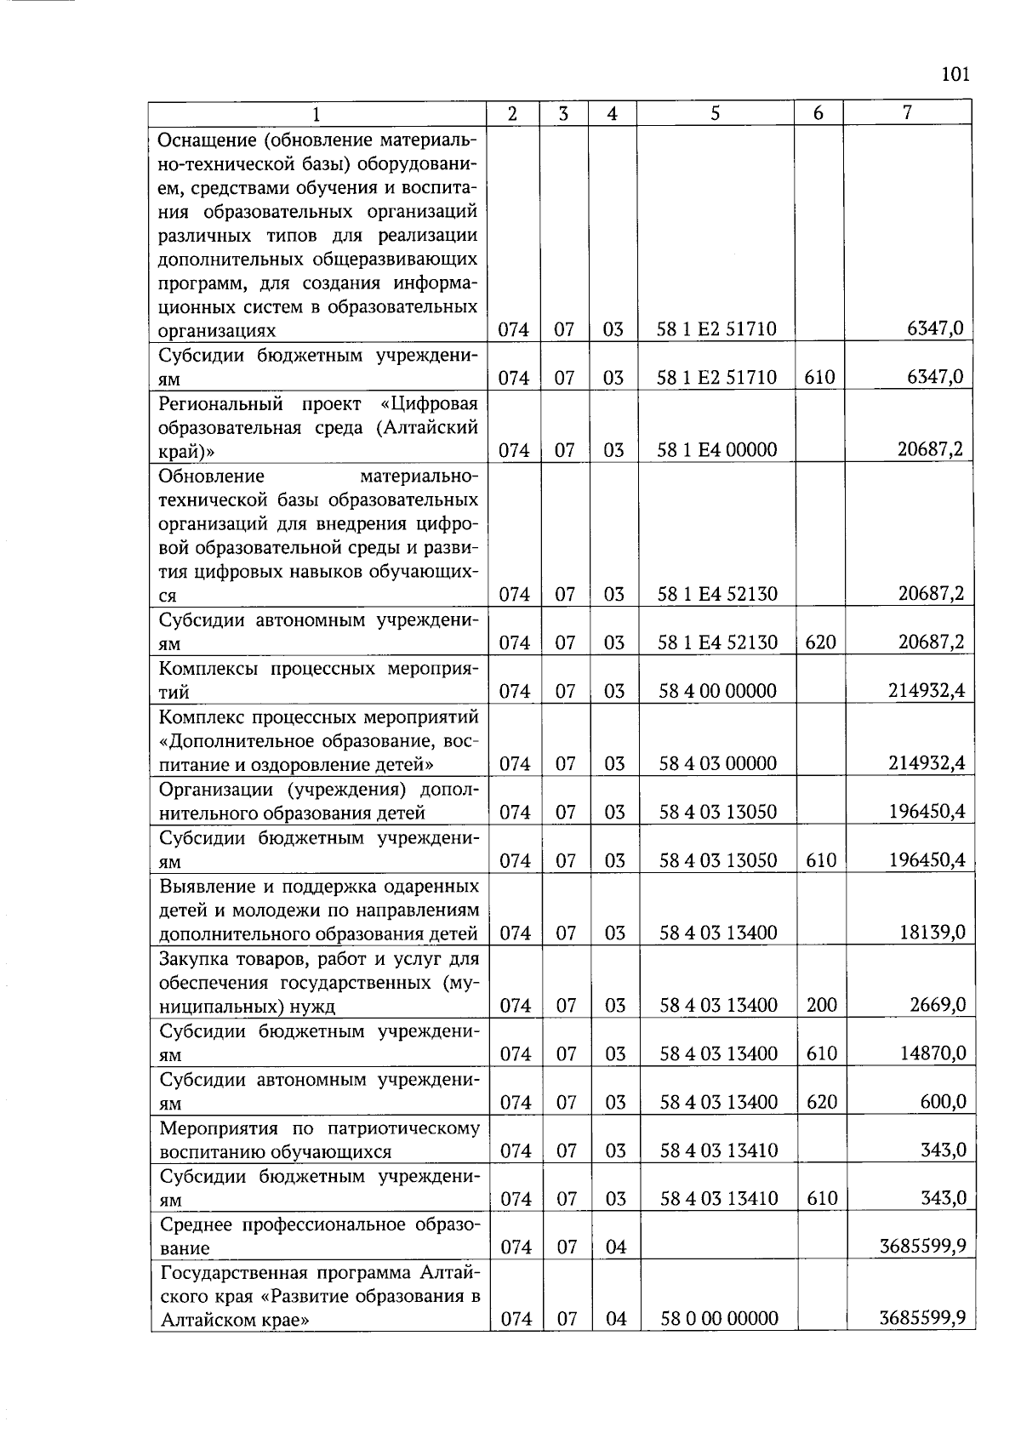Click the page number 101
pyautogui.click(x=955, y=74)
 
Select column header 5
pyautogui.click(x=716, y=113)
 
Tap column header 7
pyautogui.click(x=908, y=112)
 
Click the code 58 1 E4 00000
pyautogui.click(x=717, y=450)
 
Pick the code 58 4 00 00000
pyautogui.click(x=718, y=691)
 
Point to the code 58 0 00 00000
pyautogui.click(x=720, y=1319)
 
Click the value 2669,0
pyautogui.click(x=938, y=1005)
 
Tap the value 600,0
pyautogui.click(x=944, y=1102)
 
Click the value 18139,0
pyautogui.click(x=933, y=933)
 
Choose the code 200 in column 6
pyautogui.click(x=822, y=1005)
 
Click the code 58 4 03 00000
pyautogui.click(x=718, y=763)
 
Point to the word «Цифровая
pyautogui.click(x=429, y=403)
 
